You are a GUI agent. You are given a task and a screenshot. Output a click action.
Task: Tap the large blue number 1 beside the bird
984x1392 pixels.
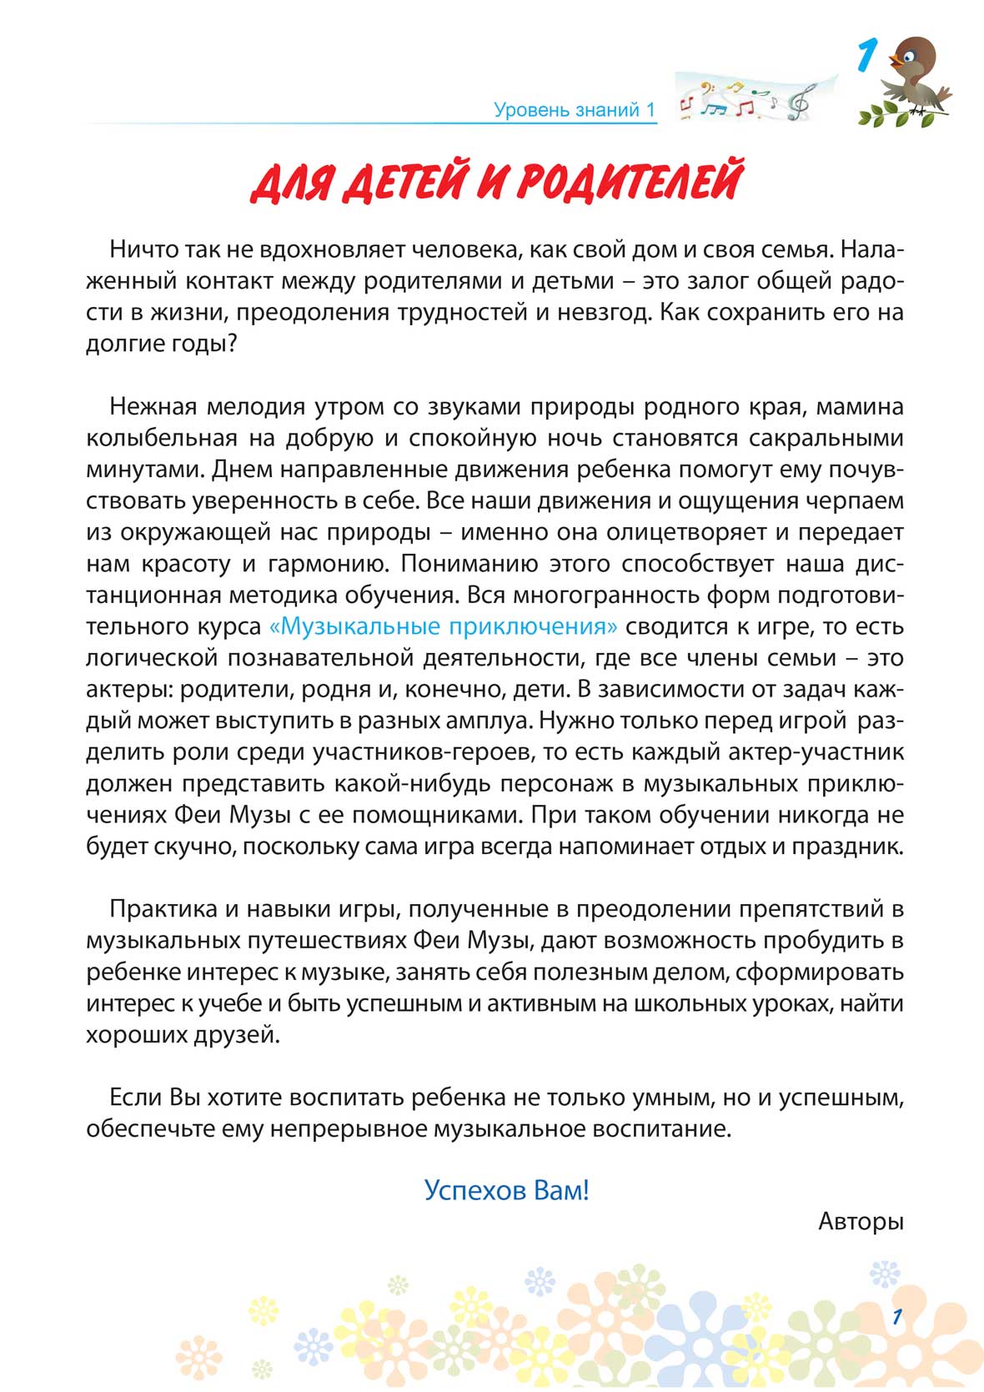(866, 58)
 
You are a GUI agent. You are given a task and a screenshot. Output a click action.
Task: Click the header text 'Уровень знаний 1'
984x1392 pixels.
(575, 109)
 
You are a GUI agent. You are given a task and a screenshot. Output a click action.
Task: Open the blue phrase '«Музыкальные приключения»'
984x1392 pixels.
(444, 626)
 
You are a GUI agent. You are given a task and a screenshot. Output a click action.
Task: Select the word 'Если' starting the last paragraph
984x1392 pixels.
(136, 1098)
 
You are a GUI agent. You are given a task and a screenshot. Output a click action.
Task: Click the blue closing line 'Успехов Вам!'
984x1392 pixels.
(506, 1189)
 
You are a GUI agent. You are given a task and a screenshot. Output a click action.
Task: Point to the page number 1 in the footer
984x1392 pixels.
(896, 1317)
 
